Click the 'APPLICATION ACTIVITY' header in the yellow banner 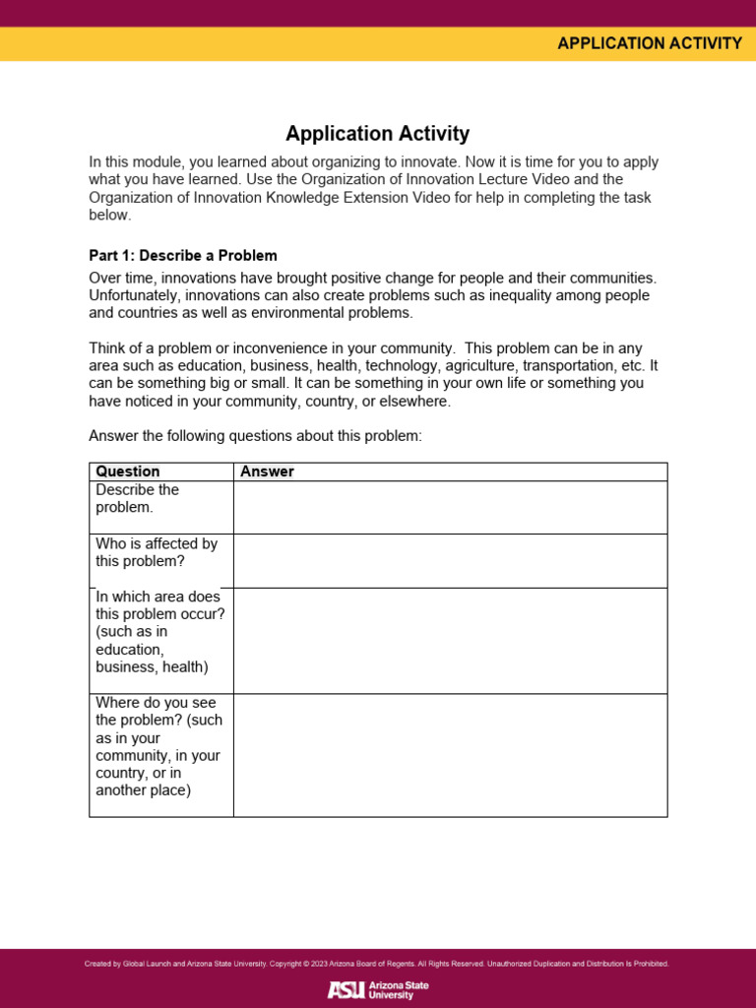pos(649,43)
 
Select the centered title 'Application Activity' pos(377,134)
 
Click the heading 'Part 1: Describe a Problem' pos(183,256)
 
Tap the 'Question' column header pos(128,472)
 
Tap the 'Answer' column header pos(267,472)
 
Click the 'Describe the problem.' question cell pos(137,499)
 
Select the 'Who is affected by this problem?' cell pos(157,552)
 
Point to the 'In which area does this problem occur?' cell pos(159,632)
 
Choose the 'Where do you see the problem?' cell pos(158,746)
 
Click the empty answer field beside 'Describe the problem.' pos(450,507)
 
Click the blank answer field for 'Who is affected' pos(450,561)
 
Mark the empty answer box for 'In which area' pos(450,641)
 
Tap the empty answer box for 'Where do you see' pos(450,755)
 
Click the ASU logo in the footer pos(378,989)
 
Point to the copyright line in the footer pos(377,964)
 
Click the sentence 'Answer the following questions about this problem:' pos(255,436)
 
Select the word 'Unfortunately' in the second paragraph pos(135,296)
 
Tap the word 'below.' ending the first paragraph pos(109,216)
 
